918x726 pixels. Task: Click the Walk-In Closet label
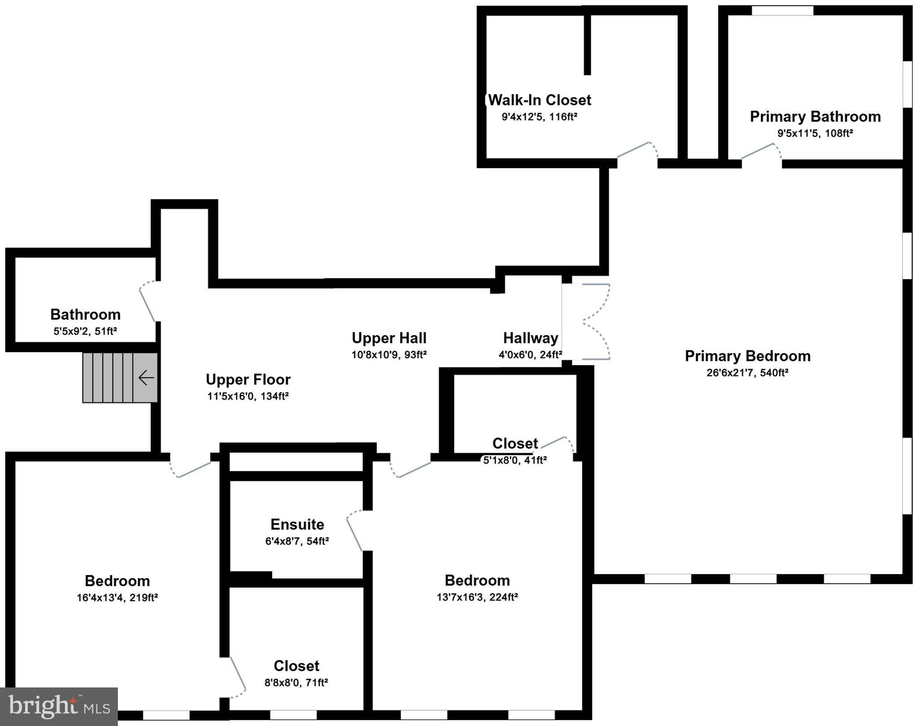click(x=539, y=100)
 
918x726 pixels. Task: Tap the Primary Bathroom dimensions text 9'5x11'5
click(x=814, y=133)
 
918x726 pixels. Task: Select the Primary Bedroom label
click(x=747, y=356)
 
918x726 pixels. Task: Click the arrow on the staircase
click(x=146, y=378)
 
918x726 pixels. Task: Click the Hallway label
click(x=530, y=338)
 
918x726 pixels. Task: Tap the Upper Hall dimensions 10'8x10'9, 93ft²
click(x=389, y=355)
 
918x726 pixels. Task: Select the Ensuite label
click(x=297, y=524)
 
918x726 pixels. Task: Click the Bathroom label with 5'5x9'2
click(x=85, y=315)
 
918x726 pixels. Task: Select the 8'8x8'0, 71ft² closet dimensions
click(x=296, y=683)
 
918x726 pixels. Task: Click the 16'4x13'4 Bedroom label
click(x=117, y=581)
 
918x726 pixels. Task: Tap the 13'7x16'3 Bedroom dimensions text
click(x=477, y=597)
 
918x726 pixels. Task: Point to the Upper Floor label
click(x=248, y=380)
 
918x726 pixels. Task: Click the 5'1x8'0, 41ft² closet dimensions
click(x=515, y=460)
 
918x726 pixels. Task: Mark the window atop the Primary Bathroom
click(x=782, y=10)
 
